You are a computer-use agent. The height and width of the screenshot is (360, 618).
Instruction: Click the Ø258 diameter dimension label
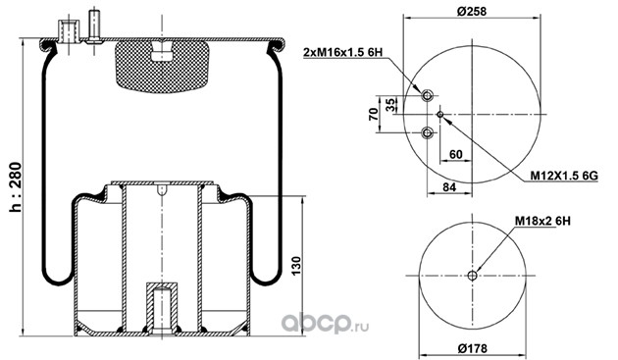point(472,11)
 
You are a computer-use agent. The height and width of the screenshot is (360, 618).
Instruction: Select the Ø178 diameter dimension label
point(472,348)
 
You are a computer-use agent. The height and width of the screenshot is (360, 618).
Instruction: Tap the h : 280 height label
point(16,187)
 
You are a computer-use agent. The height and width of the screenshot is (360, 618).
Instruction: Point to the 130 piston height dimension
point(296,266)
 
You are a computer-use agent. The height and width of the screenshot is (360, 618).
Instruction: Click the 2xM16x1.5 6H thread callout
point(343,52)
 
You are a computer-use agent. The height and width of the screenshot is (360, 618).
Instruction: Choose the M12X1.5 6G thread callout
point(564,176)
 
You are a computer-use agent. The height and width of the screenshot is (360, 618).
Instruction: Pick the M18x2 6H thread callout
point(542,221)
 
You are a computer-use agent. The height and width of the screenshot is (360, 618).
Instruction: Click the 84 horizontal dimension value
point(449,187)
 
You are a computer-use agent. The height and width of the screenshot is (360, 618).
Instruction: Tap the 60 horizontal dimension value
point(455,154)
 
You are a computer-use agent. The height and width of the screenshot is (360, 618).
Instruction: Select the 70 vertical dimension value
point(374,114)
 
